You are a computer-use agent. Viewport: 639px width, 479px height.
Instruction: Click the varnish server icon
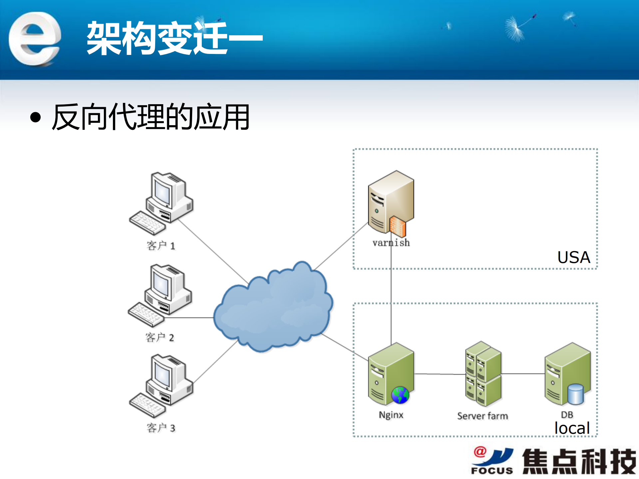390,201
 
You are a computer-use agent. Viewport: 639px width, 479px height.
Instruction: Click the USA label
573,257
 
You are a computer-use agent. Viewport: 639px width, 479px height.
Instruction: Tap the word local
572,428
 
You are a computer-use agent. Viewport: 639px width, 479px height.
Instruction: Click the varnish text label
391,243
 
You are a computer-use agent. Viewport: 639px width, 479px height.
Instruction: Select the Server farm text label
482,416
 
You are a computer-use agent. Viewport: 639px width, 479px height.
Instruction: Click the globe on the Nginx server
400,395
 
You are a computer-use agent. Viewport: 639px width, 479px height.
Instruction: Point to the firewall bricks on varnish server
398,226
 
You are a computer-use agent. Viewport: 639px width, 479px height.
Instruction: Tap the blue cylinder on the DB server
575,394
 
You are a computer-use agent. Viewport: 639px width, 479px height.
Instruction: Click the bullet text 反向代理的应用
151,117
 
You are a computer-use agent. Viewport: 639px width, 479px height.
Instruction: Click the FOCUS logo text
492,470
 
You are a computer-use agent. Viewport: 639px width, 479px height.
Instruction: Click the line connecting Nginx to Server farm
440,374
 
